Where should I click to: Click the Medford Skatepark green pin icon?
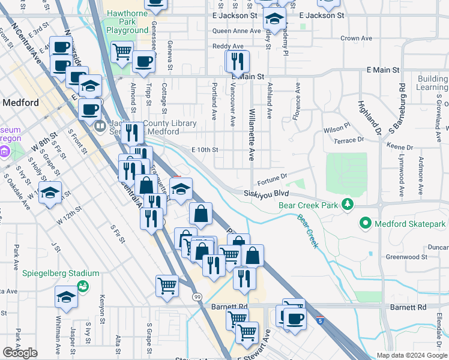[x=364, y=224]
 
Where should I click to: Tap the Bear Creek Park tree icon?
[x=348, y=205]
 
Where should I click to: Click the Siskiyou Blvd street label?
[x=267, y=194]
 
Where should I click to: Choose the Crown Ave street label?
[x=356, y=38]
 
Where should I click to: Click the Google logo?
[x=20, y=353]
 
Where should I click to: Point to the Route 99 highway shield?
[x=197, y=296]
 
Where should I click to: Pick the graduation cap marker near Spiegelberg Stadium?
[x=66, y=296]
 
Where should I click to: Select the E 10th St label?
[x=204, y=149]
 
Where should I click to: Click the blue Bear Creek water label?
[x=307, y=231]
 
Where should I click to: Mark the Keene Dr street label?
[x=399, y=147]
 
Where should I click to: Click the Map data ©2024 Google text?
[x=412, y=355]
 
